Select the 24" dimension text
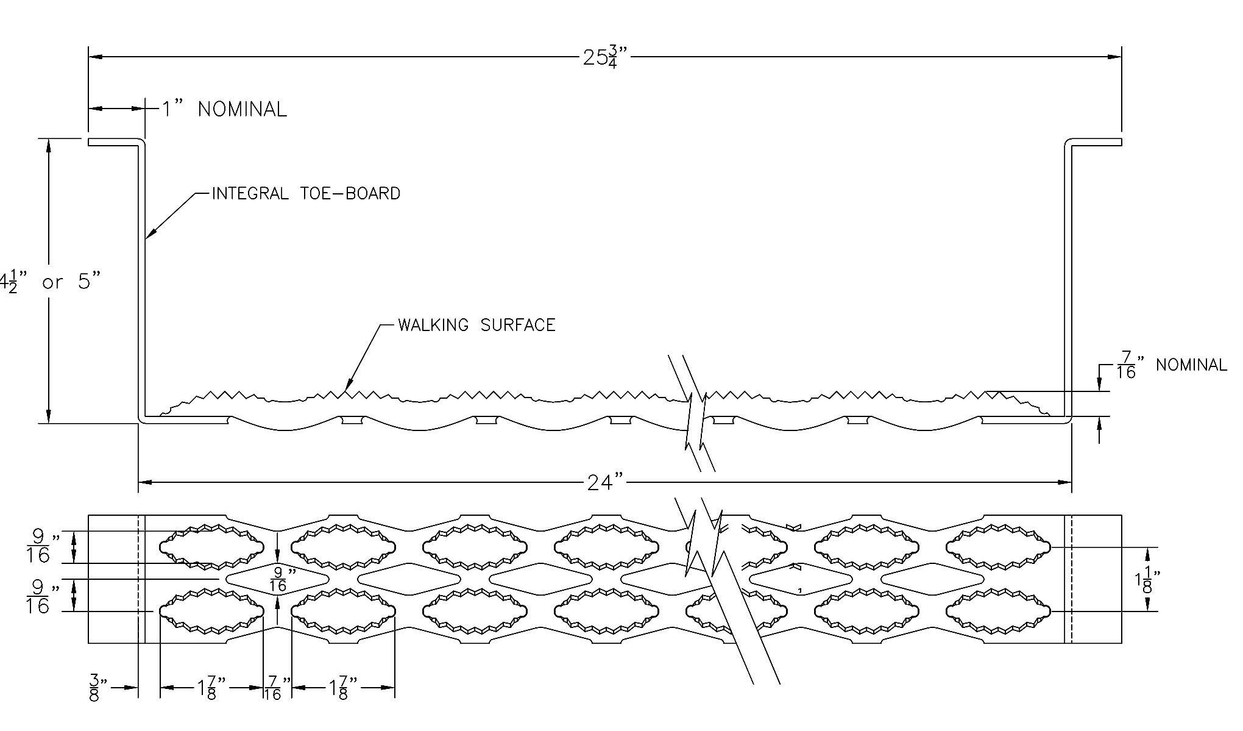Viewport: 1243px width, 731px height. (606, 483)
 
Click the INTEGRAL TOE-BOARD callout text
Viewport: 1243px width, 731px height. (306, 194)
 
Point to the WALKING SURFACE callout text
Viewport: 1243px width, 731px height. (476, 325)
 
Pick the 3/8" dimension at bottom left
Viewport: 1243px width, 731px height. (96, 688)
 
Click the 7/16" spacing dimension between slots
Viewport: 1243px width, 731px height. (274, 688)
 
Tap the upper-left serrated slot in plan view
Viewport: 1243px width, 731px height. (211, 545)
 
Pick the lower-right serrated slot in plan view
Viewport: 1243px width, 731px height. (997, 610)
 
